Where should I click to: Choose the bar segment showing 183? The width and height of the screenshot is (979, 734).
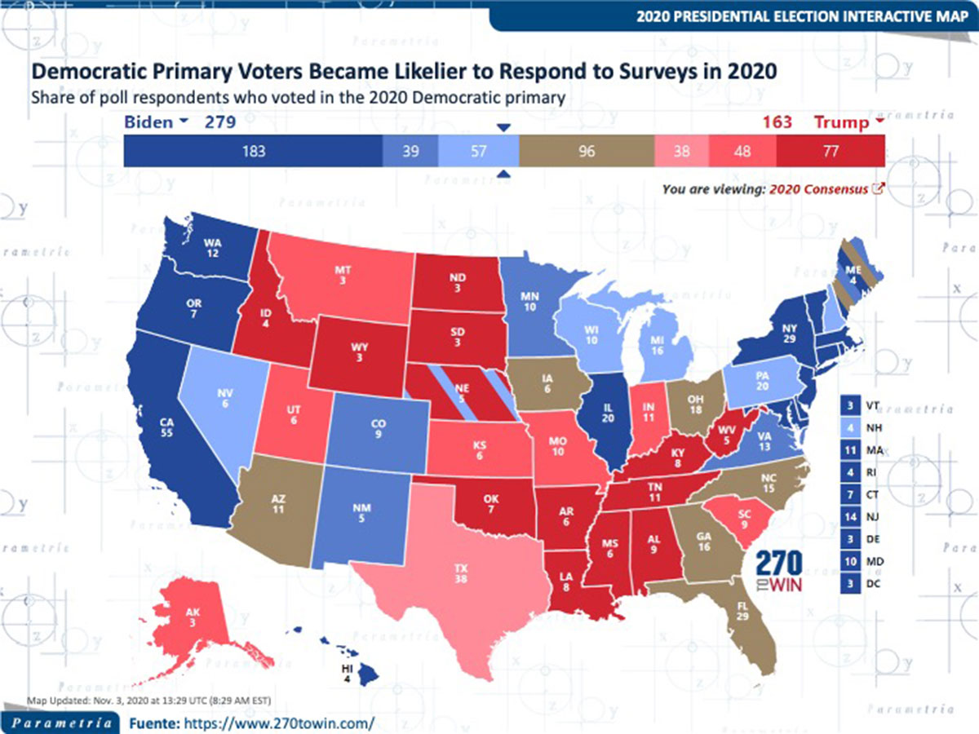(x=254, y=151)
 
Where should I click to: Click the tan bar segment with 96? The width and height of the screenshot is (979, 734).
(x=586, y=151)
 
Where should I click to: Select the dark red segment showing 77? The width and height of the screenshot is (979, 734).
(x=830, y=151)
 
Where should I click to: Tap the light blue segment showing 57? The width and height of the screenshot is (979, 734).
(x=478, y=151)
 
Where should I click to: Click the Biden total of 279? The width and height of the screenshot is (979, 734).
(x=220, y=122)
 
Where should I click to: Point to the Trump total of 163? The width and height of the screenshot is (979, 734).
(x=777, y=122)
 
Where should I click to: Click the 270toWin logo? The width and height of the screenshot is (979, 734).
(x=779, y=572)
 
